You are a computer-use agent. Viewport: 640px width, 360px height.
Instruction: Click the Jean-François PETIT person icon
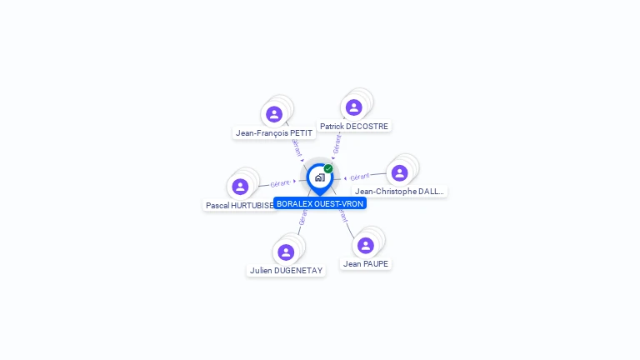tap(274, 114)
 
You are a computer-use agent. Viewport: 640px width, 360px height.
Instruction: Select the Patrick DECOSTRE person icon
tap(353, 107)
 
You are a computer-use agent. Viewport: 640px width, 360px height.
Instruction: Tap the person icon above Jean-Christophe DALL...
tap(399, 172)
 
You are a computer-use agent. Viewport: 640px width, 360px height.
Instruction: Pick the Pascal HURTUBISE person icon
tap(240, 187)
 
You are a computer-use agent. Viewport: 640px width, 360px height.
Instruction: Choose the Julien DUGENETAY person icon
tap(286, 252)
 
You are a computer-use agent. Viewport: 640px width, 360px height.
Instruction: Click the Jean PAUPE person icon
tap(365, 245)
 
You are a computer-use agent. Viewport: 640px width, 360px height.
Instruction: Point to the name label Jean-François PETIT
tap(274, 132)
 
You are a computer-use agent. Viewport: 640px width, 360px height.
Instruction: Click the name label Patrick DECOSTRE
tap(354, 127)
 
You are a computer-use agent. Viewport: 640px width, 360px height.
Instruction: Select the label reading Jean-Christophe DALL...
tap(399, 191)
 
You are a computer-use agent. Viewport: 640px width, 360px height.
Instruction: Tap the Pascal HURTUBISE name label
tap(239, 205)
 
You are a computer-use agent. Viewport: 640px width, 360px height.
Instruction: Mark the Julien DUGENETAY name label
tap(286, 270)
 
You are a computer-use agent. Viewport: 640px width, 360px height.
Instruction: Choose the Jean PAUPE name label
tap(366, 263)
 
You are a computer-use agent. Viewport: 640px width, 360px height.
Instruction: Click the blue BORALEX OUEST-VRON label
tap(320, 203)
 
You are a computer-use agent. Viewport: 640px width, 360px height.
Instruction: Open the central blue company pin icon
tap(319, 177)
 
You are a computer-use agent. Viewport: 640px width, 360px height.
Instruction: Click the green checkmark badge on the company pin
tap(328, 168)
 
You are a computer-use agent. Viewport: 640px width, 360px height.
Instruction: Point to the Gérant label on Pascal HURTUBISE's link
tap(280, 183)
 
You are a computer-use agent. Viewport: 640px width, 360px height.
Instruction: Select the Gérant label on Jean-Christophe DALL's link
tap(360, 177)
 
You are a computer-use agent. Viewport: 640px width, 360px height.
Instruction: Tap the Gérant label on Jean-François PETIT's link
tap(296, 147)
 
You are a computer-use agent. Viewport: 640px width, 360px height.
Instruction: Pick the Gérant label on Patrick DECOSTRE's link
tap(337, 144)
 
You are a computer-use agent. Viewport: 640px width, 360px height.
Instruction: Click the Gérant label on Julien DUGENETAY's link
tap(303, 217)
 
